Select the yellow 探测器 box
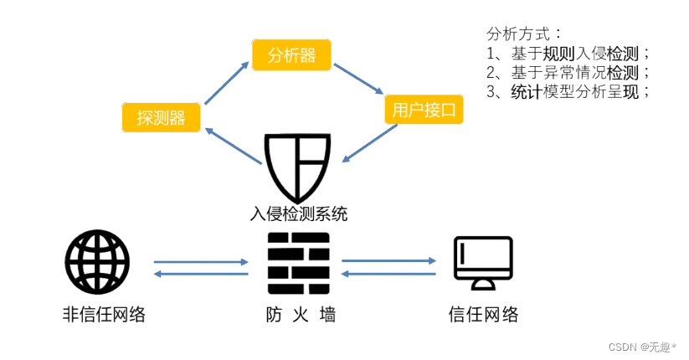[162, 116]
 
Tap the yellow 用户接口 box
[424, 110]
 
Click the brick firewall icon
[298, 263]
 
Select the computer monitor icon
[483, 262]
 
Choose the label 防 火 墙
[298, 315]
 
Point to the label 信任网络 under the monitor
[483, 315]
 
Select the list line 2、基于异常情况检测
[568, 73]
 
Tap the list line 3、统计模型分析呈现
[568, 92]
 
